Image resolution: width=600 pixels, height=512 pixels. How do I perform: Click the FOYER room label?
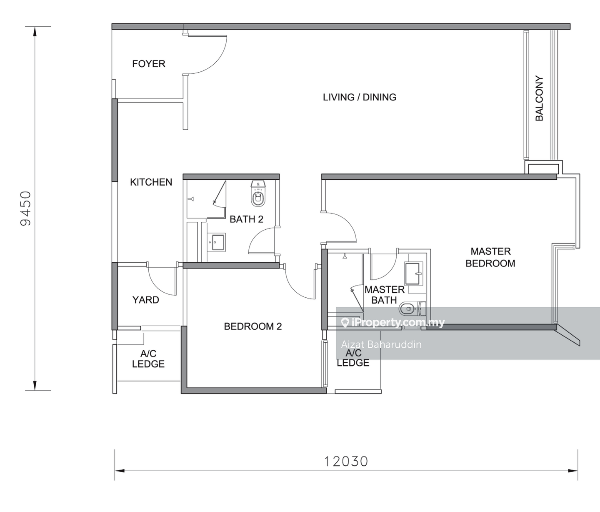[149, 64]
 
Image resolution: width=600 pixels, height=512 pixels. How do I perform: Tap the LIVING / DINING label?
[359, 97]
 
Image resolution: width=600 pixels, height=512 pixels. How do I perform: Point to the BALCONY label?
[539, 98]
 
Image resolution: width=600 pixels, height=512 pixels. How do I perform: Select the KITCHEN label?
[151, 182]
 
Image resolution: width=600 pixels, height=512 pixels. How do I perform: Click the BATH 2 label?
[246, 219]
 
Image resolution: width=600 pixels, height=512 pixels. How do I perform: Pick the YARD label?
[145, 300]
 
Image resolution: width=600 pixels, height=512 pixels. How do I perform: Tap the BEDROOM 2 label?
[252, 326]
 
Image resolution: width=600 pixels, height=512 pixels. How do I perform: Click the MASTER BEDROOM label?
[490, 257]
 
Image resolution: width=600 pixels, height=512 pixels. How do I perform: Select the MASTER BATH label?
[384, 295]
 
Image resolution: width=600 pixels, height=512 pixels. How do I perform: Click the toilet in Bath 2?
[258, 193]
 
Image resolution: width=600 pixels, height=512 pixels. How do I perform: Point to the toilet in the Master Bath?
[412, 309]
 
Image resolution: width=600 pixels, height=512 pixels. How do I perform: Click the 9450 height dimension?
[25, 208]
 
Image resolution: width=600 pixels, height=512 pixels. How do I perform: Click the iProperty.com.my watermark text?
[393, 322]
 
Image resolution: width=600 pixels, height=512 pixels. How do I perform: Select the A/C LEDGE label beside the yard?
[148, 359]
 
